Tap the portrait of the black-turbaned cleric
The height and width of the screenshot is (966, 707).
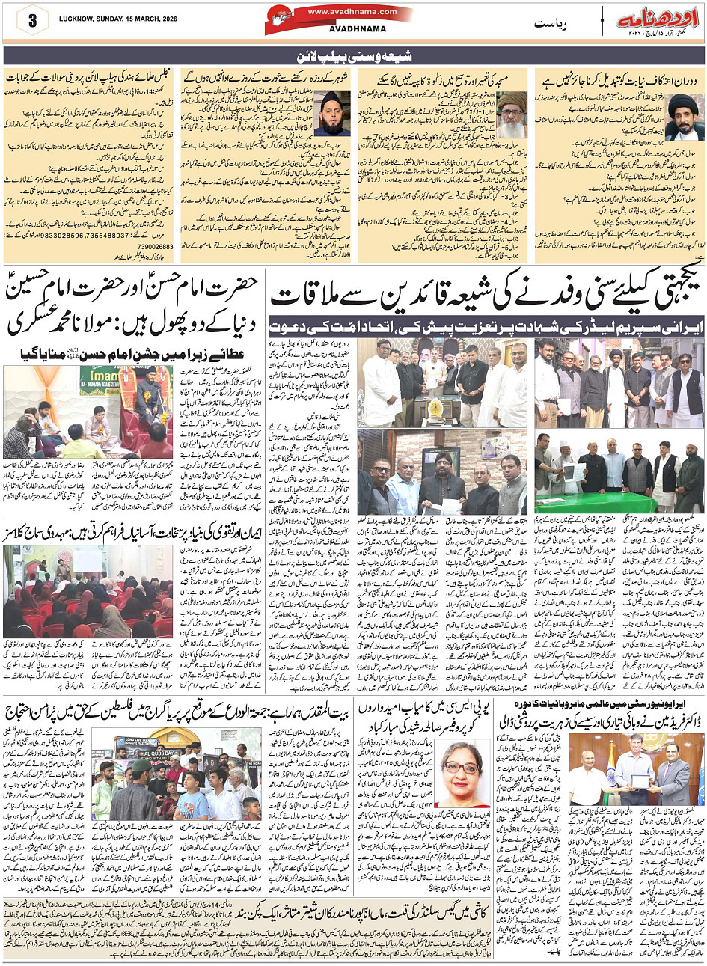[684, 116]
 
